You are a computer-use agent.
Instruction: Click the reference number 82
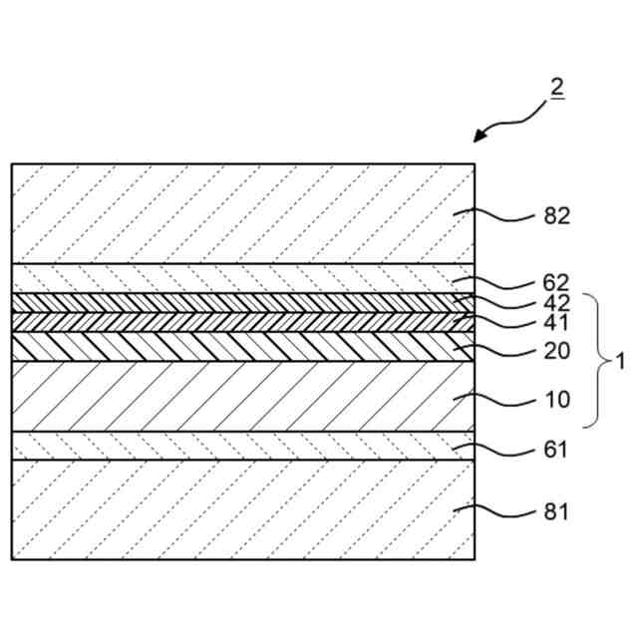[556, 215]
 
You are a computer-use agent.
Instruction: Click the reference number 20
[556, 351]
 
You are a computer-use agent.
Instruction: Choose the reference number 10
[556, 400]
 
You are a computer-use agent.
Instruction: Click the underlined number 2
[556, 88]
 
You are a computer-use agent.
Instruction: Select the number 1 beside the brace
[619, 361]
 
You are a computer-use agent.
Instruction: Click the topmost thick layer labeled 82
[239, 213]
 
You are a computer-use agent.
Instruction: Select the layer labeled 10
[239, 397]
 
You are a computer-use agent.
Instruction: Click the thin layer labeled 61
[239, 446]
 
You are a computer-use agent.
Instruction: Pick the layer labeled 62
[239, 278]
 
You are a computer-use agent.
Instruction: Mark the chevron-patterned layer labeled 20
[239, 346]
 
